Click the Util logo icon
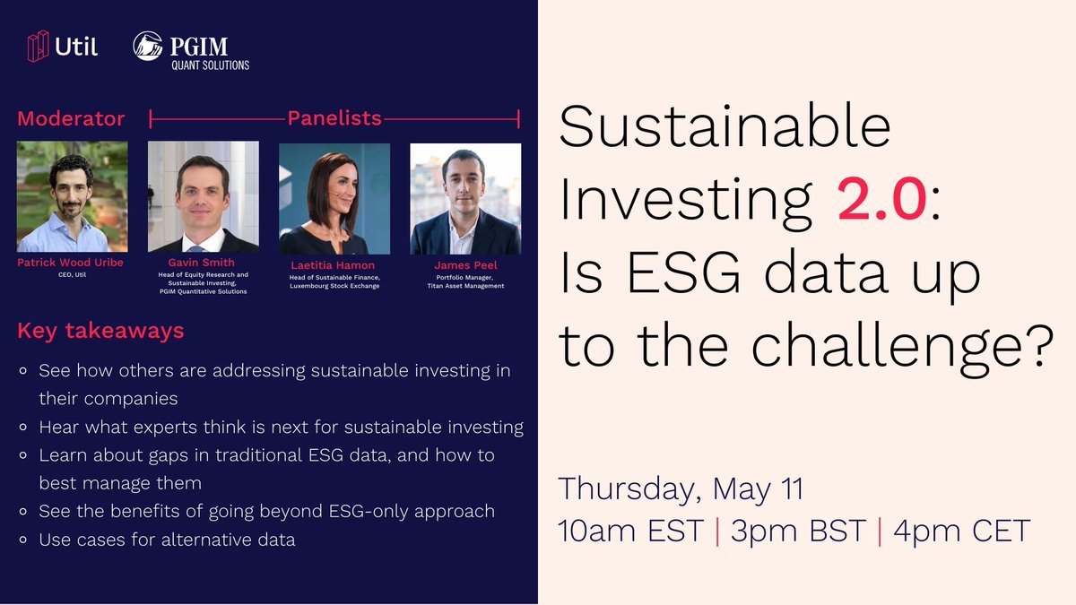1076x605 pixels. tap(38, 46)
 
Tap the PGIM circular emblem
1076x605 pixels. tap(147, 46)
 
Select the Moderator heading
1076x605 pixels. tap(71, 118)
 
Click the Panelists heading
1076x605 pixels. tap(334, 118)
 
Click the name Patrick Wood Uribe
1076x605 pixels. tap(70, 263)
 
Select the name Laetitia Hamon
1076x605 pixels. tap(333, 265)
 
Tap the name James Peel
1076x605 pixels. tap(465, 265)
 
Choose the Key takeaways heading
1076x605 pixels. tap(100, 331)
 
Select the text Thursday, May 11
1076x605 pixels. tap(681, 489)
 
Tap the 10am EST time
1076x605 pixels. tap(630, 531)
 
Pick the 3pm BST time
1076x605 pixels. tap(798, 531)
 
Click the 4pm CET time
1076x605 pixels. tap(961, 531)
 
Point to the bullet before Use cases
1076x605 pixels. tap(22, 540)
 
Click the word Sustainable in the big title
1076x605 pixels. tap(725, 125)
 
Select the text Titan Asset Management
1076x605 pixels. tap(465, 286)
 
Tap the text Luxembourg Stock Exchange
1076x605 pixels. tap(334, 286)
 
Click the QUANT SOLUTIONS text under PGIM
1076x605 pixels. tap(211, 65)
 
